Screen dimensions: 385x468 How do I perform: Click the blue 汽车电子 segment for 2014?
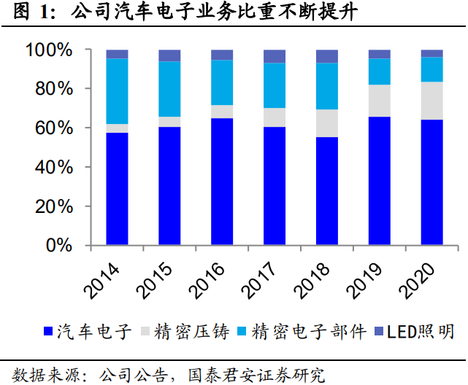[117, 188]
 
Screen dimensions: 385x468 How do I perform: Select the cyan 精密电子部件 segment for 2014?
[117, 91]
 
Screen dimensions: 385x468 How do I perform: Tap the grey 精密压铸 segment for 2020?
[431, 101]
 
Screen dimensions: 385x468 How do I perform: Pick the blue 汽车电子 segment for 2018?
[326, 190]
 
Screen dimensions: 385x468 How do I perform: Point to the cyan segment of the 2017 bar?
[274, 85]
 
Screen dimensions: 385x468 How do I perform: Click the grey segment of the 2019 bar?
[379, 101]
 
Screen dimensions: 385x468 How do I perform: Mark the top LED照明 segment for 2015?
[169, 55]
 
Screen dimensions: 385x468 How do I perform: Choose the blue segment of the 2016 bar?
[222, 181]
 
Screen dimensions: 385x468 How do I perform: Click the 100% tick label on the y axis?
[49, 50]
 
